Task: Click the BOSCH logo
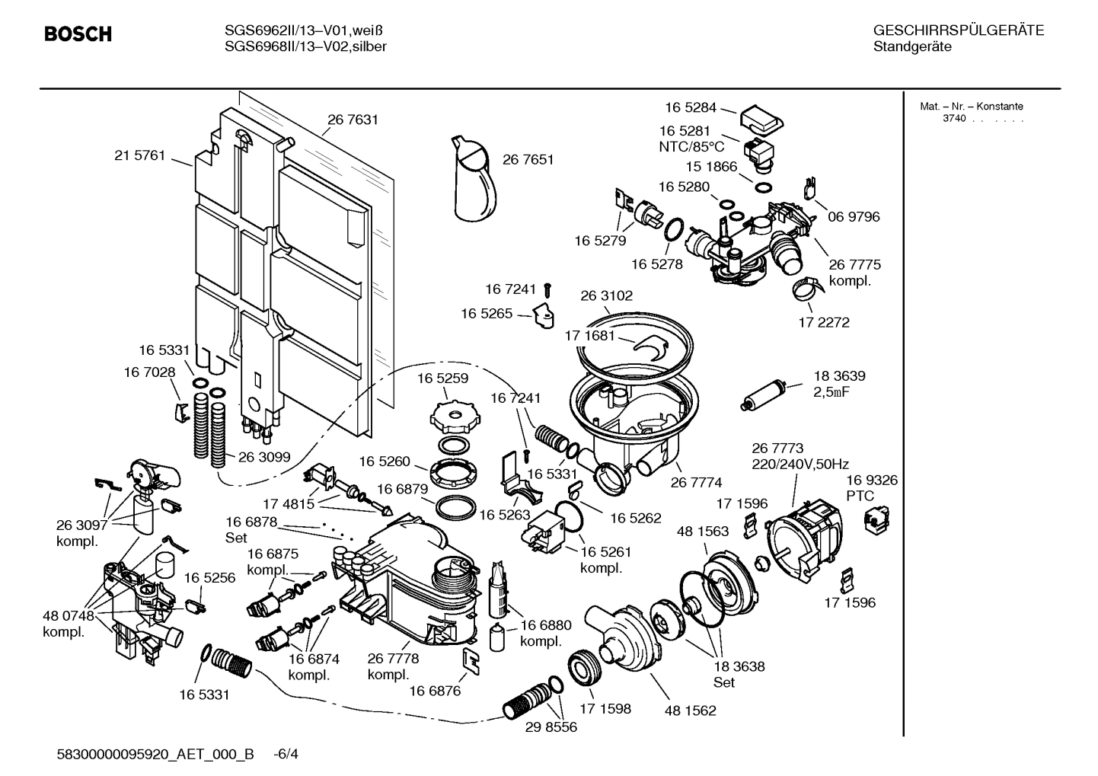(x=78, y=34)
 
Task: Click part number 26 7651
(x=528, y=160)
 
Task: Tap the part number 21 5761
(x=139, y=155)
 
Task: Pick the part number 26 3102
(x=606, y=295)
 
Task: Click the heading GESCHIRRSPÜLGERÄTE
(x=958, y=31)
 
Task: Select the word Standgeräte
(x=911, y=47)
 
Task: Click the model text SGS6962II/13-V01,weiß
(x=303, y=31)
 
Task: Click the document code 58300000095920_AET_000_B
(x=155, y=755)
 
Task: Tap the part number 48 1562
(x=690, y=711)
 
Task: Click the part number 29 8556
(x=551, y=727)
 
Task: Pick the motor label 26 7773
(x=777, y=448)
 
